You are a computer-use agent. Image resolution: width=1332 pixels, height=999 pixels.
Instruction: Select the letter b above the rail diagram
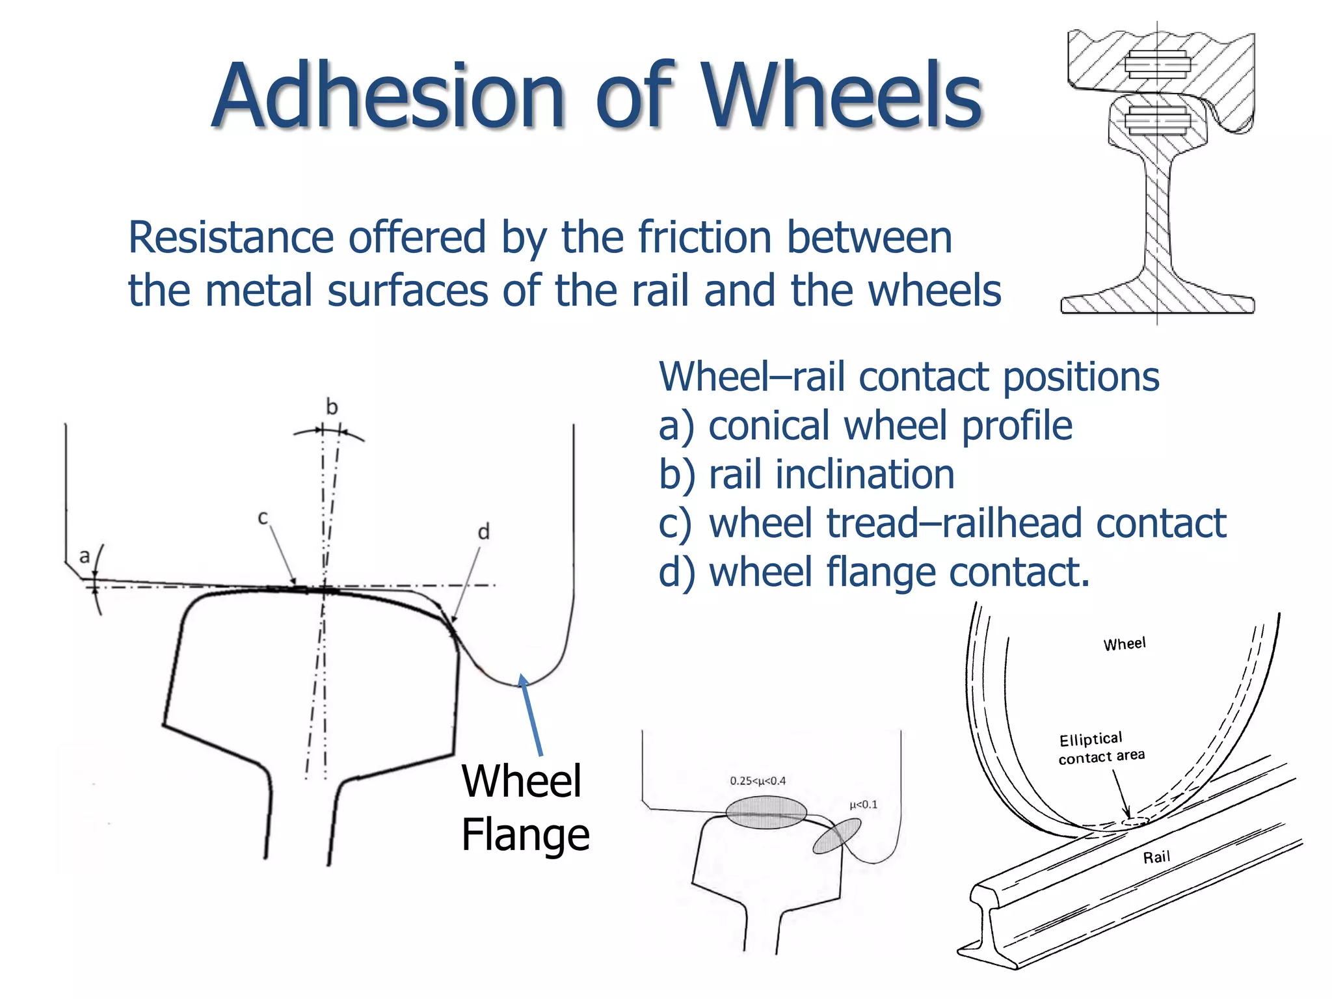click(x=332, y=407)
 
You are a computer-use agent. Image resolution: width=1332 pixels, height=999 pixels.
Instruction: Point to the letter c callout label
click(x=263, y=518)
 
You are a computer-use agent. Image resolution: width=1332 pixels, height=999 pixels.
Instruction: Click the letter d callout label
click(x=483, y=532)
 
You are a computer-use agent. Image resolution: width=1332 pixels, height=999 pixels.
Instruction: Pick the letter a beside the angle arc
click(x=85, y=557)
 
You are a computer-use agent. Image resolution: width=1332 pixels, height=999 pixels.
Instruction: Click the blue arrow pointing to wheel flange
click(x=531, y=715)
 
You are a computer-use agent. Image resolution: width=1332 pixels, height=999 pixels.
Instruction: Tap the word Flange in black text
click(x=525, y=835)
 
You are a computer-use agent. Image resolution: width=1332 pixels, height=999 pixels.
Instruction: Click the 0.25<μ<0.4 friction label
click(x=758, y=780)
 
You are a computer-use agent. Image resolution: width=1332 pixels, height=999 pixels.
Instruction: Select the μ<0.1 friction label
click(x=863, y=805)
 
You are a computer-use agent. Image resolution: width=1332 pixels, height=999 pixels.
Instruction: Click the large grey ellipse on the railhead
click(x=766, y=813)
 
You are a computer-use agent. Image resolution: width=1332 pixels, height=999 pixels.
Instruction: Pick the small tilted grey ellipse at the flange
click(x=836, y=836)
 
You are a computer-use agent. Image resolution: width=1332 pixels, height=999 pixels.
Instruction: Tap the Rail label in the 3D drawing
click(x=1156, y=857)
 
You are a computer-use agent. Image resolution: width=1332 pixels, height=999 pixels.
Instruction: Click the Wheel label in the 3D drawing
click(x=1125, y=644)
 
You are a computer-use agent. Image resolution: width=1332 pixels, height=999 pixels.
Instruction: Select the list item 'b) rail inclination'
click(x=806, y=475)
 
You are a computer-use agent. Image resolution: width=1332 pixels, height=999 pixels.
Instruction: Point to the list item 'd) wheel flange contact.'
click(x=873, y=572)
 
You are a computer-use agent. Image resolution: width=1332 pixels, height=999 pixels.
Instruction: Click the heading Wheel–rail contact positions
click(x=909, y=377)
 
